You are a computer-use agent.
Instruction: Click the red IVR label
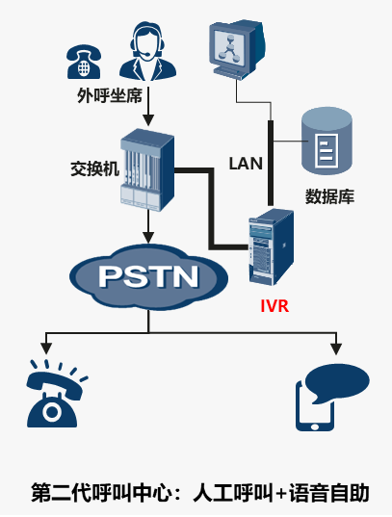tap(274, 306)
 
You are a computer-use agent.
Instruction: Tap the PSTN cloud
tap(148, 276)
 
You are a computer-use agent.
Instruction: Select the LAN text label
tap(246, 164)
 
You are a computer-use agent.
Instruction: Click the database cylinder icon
tap(327, 141)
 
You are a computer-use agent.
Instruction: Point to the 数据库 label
tap(329, 196)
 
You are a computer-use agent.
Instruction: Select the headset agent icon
tap(147, 51)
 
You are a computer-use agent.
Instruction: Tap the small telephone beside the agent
tap(84, 62)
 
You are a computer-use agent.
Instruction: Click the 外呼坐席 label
tap(110, 96)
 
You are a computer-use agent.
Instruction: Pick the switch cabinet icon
tap(146, 169)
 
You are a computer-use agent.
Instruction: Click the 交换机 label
tap(95, 168)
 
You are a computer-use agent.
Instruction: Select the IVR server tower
tap(272, 247)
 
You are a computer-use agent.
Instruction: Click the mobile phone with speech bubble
tap(331, 398)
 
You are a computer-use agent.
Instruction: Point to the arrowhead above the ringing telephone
tap(46, 349)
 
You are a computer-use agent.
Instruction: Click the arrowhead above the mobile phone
tap(336, 349)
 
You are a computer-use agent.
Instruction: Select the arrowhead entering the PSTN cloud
tap(148, 238)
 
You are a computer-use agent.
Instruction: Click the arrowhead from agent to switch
tap(148, 120)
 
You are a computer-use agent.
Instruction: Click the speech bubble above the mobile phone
tap(337, 383)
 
